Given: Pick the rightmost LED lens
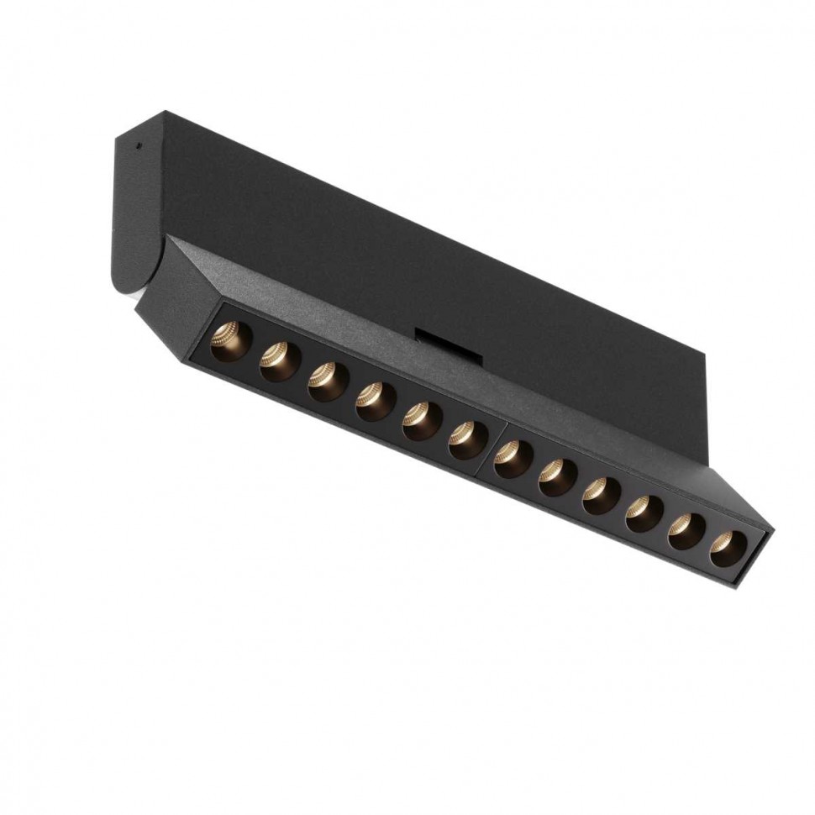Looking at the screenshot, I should (727, 549).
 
